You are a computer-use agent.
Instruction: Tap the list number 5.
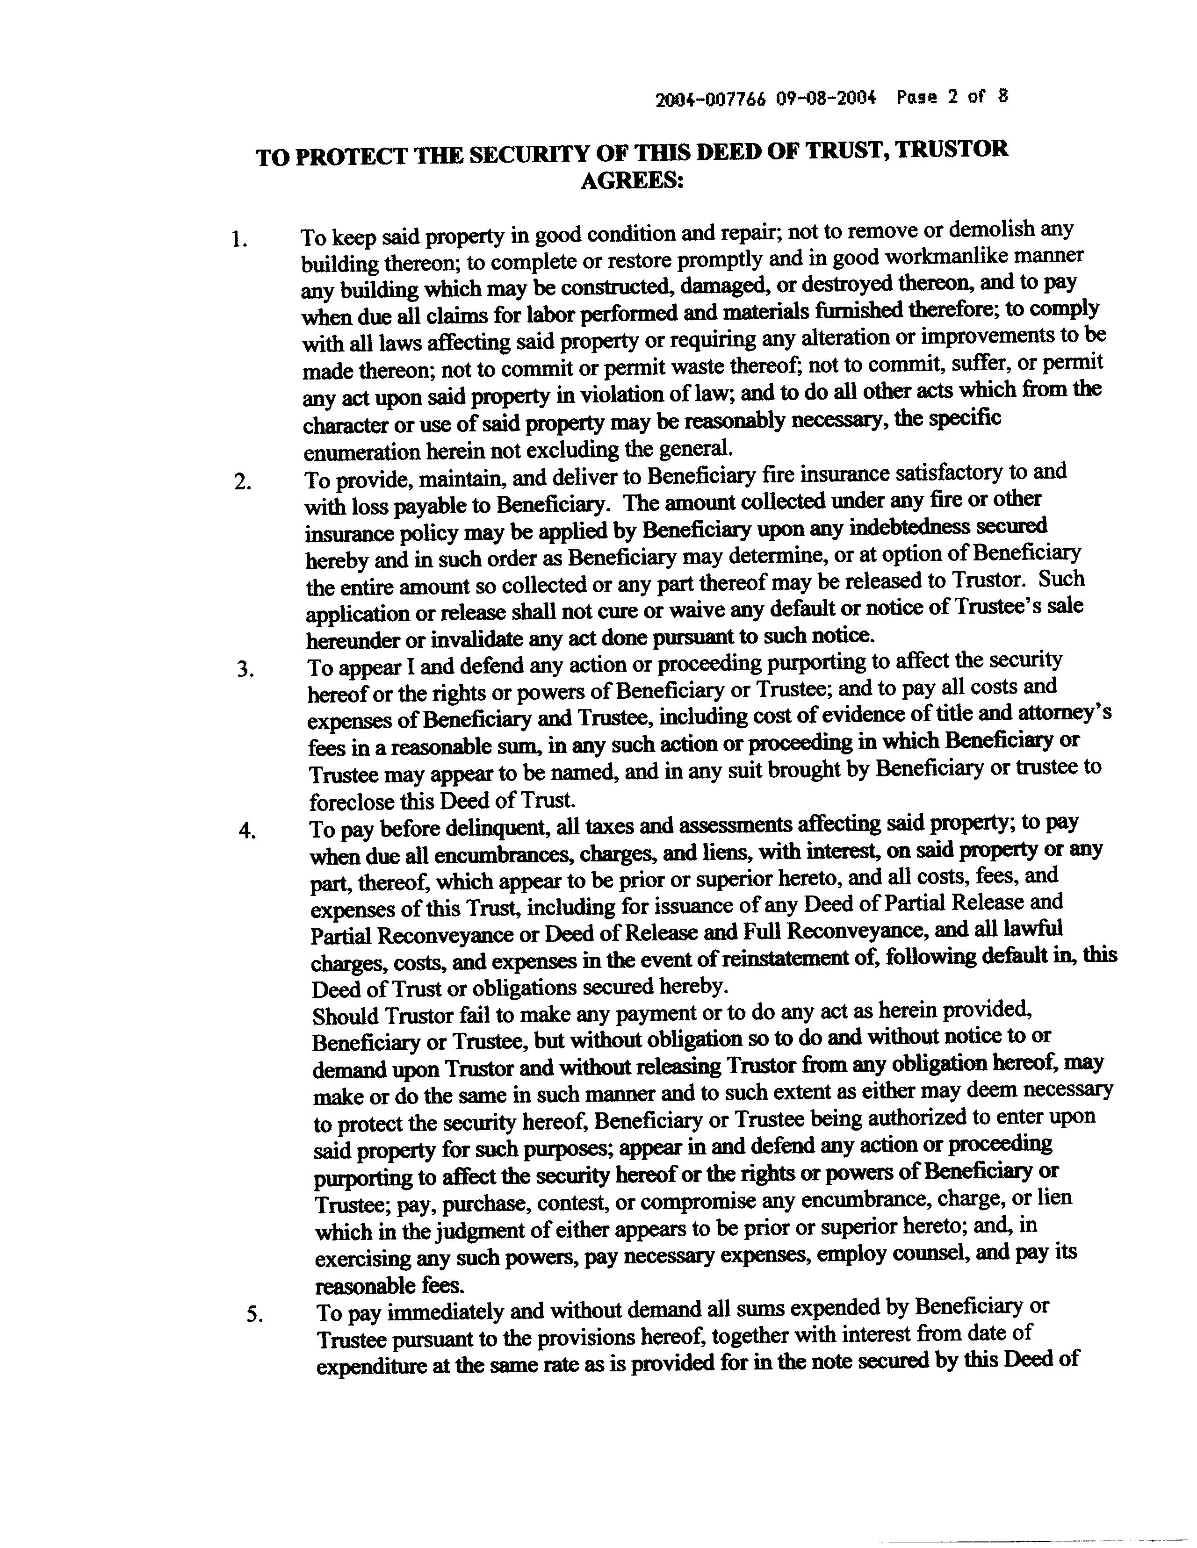pyautogui.click(x=254, y=1315)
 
